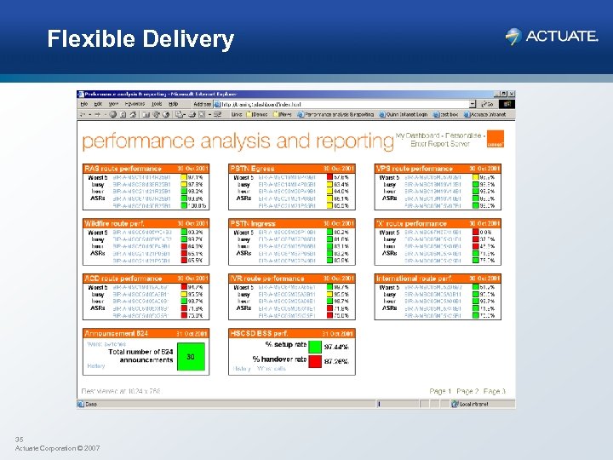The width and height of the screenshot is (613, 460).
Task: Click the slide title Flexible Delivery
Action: tap(140, 39)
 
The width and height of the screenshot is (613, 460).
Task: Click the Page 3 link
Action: tap(495, 391)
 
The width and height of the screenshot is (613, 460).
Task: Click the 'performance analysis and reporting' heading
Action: tap(238, 141)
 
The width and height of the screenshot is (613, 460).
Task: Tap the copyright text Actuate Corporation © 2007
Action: tap(58, 447)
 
